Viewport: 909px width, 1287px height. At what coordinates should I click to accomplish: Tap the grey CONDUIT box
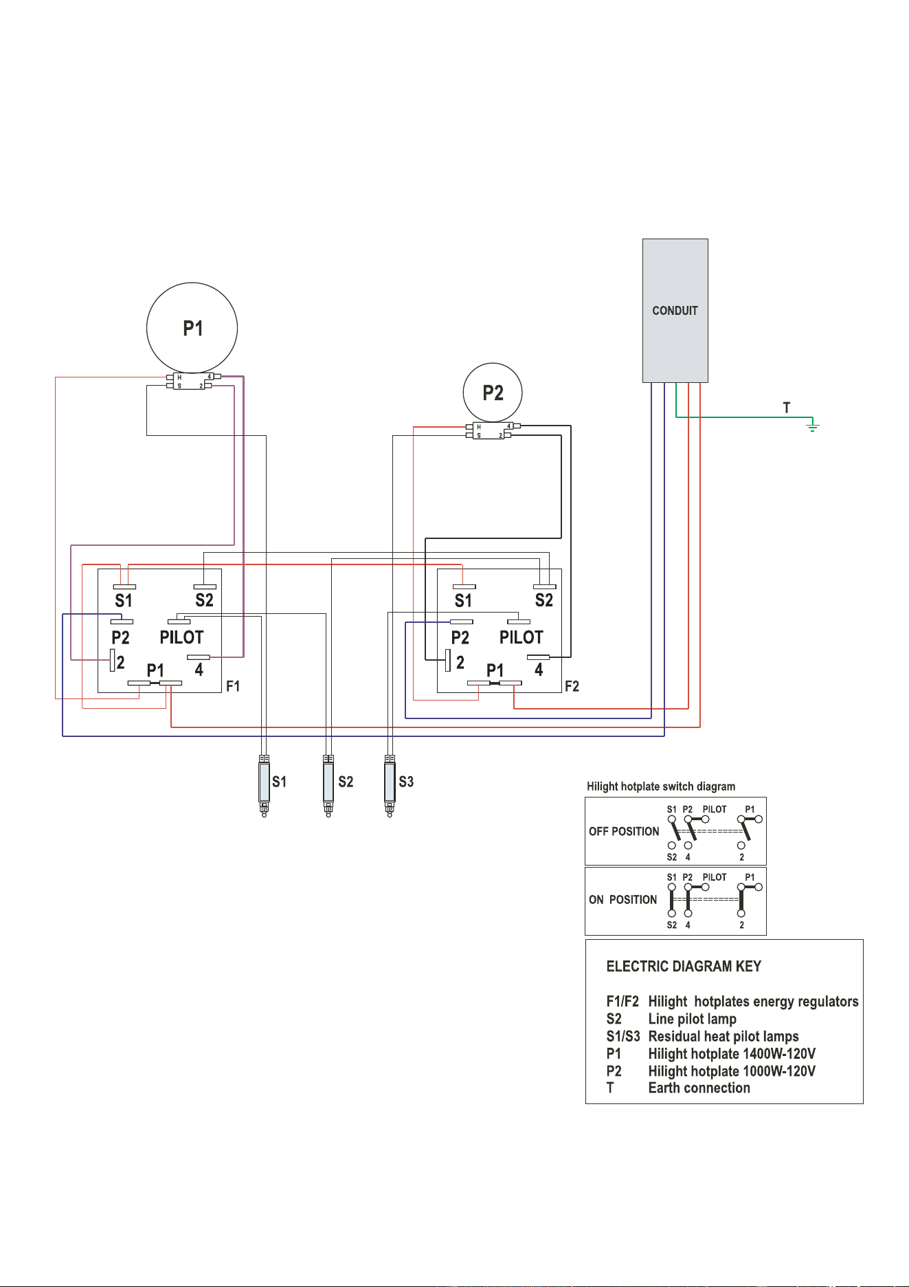coord(675,311)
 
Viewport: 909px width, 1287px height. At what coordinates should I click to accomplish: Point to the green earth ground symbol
coord(813,427)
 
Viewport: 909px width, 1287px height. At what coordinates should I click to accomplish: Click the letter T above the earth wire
coord(787,408)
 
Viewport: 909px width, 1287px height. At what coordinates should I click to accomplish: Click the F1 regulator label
coord(233,686)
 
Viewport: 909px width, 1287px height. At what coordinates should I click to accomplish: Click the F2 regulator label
coord(572,686)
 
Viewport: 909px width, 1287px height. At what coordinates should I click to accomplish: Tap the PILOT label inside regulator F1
coord(181,637)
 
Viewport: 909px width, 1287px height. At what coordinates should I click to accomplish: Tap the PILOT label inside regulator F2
coord(521,637)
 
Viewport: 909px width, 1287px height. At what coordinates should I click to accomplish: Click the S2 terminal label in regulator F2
coord(543,600)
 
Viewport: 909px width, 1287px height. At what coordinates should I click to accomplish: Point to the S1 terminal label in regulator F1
coord(124,600)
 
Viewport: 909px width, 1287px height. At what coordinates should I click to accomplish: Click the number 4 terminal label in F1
coord(199,670)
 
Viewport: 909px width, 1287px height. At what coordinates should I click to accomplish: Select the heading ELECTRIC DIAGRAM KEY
coord(684,967)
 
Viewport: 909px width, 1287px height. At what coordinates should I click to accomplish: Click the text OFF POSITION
coord(624,831)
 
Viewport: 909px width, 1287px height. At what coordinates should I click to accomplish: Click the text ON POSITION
coord(622,899)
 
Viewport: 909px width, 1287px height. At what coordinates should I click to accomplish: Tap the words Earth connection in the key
coord(699,1088)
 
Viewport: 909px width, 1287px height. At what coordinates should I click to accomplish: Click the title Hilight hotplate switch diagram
coord(661,786)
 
